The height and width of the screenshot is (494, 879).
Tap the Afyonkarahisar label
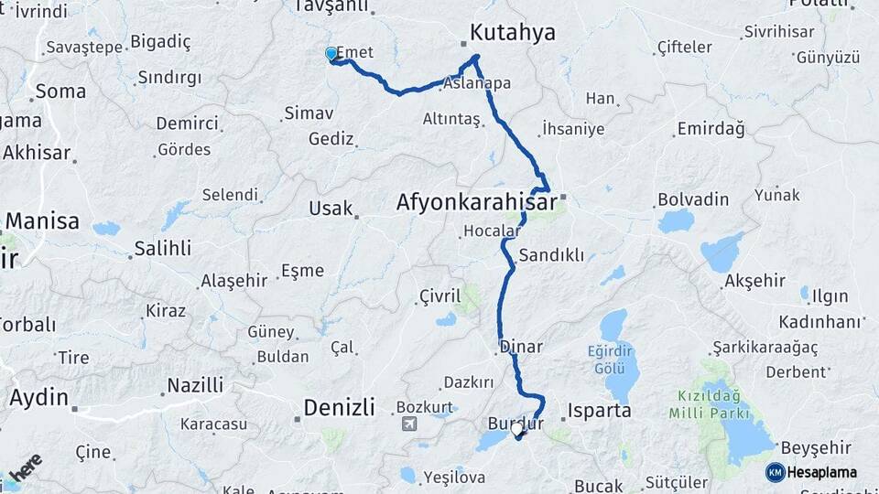tap(476, 202)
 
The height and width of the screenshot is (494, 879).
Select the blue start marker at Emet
tap(331, 54)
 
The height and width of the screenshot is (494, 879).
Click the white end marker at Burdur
tap(518, 428)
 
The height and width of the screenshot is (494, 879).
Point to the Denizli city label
tap(339, 407)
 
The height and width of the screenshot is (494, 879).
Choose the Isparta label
tap(600, 411)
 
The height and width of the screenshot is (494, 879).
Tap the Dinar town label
tap(521, 348)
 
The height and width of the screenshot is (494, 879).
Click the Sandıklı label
tap(550, 255)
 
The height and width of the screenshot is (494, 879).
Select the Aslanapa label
tap(476, 83)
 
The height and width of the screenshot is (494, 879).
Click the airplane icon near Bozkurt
tap(407, 424)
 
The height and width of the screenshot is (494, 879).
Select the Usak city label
tap(331, 209)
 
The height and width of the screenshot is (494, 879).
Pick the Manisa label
tap(42, 221)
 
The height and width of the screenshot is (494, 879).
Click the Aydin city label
tap(38, 398)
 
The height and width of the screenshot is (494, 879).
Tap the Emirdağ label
tap(711, 129)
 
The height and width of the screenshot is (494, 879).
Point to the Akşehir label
tap(755, 281)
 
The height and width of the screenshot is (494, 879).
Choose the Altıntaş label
tap(450, 119)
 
